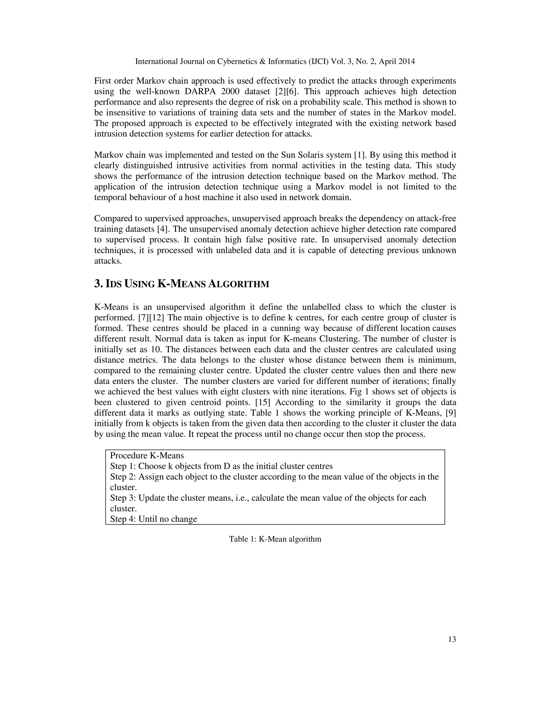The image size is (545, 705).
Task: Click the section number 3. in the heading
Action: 98,284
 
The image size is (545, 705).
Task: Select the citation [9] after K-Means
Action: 451,413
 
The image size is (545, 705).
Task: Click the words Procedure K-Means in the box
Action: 147,455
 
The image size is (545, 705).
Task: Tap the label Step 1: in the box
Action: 123,466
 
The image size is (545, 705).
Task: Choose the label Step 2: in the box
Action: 123,477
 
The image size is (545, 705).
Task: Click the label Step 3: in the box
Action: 123,498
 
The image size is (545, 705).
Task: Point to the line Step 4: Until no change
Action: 153,519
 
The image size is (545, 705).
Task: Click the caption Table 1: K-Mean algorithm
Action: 275,539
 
